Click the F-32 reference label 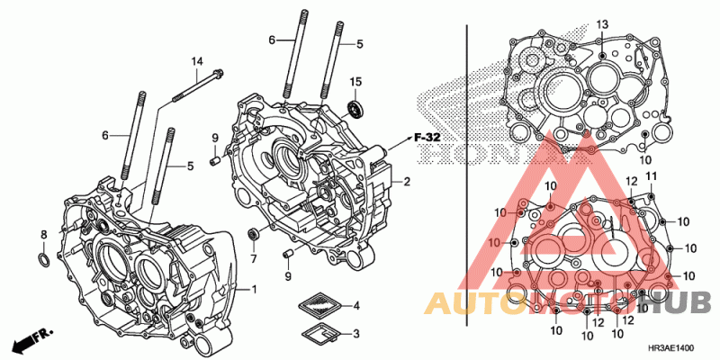(426, 137)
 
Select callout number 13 (602, 23)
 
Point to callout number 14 (195, 60)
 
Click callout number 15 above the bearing (355, 82)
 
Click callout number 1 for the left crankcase (254, 289)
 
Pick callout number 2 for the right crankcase (407, 182)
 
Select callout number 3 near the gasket (355, 334)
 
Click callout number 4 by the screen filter (355, 305)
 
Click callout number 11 (652, 175)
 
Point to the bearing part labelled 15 (355, 110)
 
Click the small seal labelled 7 (254, 235)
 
